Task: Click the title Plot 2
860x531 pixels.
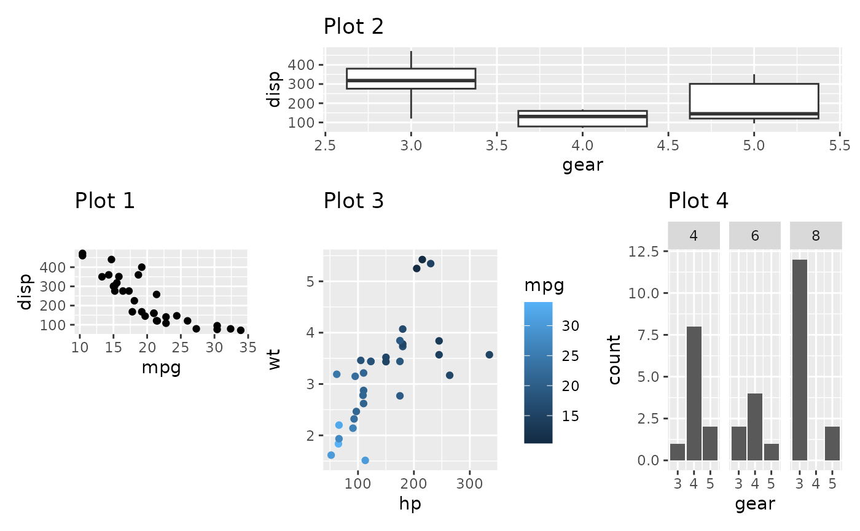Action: (x=353, y=26)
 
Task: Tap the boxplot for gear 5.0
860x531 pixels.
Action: (x=754, y=101)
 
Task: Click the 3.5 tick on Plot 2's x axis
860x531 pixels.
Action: (x=496, y=146)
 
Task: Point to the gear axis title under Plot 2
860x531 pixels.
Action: (x=582, y=165)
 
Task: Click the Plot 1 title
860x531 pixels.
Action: (x=104, y=201)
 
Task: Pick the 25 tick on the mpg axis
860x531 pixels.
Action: (x=180, y=348)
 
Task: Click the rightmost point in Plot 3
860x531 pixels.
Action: (x=489, y=355)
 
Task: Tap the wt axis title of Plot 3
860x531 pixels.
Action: (x=274, y=360)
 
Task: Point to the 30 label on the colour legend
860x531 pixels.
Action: (x=571, y=326)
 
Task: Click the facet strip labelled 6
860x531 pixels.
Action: (x=754, y=236)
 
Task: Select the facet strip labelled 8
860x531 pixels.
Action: (x=815, y=236)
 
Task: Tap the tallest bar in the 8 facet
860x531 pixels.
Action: (x=800, y=360)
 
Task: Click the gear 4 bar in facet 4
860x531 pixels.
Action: (x=694, y=393)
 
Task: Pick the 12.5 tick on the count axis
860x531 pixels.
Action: (x=644, y=252)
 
